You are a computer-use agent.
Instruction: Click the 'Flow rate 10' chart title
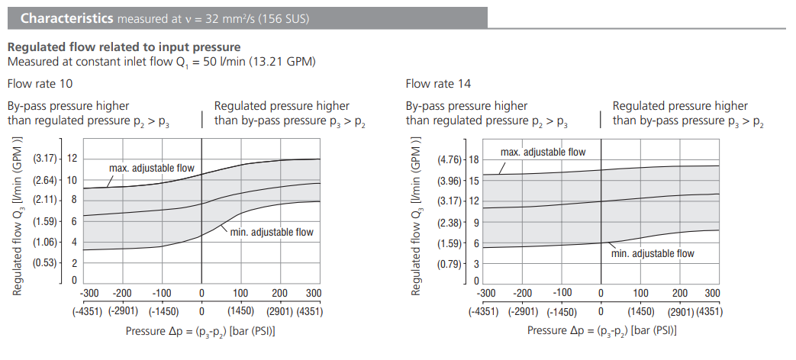40,83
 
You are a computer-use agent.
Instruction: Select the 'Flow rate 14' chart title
438,83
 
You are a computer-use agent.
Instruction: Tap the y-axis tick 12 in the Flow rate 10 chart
72,159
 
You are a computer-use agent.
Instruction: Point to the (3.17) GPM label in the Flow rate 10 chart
45,159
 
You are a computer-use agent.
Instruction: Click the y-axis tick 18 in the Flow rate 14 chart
473,159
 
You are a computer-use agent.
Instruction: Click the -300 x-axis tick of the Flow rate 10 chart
90,293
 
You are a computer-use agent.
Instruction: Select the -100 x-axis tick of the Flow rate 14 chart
562,293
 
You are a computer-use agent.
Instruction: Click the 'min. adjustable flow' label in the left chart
272,232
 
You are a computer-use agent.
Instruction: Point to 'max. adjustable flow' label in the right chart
543,153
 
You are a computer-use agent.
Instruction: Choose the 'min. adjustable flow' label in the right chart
653,253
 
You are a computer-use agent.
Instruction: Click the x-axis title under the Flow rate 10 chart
201,331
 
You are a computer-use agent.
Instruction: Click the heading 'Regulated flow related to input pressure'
124,47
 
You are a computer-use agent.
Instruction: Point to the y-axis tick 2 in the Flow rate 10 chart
74,263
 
